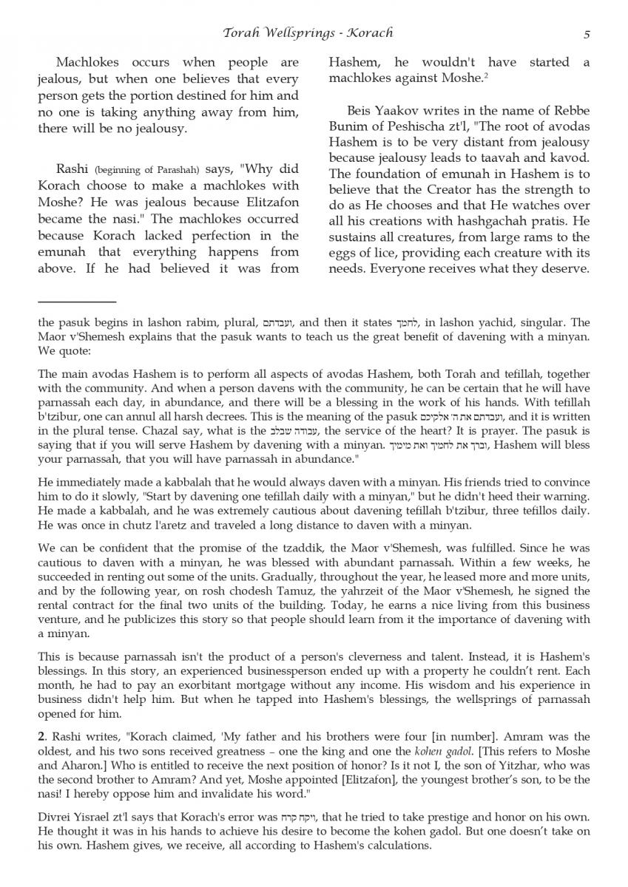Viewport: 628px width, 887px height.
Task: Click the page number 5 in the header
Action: click(x=586, y=33)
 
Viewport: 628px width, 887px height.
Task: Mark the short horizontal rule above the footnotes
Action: click(x=77, y=302)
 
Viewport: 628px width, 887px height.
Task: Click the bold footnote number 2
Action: click(x=41, y=736)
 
